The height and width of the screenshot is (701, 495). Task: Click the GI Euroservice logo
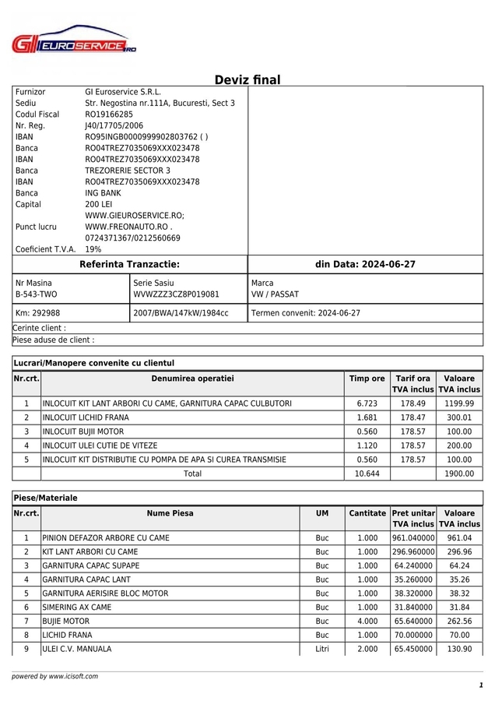74,44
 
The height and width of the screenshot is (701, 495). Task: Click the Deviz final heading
247,80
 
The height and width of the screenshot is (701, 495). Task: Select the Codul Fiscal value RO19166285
109,114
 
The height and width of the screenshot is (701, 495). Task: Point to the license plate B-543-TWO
37,295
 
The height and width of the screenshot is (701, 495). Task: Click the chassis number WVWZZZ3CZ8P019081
176,295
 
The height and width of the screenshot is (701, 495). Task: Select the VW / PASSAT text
275,295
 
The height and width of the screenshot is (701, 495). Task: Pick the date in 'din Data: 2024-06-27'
388,265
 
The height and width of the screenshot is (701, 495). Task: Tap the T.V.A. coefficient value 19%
93,249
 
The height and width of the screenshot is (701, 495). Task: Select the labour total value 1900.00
458,474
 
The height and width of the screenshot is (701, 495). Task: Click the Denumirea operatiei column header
192,379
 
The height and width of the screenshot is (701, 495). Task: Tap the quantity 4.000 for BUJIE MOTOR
367,622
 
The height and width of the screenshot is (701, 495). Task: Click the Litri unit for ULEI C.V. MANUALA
322,650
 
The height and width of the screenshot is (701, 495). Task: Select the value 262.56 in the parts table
460,622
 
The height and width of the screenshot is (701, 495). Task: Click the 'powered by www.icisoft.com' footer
54,676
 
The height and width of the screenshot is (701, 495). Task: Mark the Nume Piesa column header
170,514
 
